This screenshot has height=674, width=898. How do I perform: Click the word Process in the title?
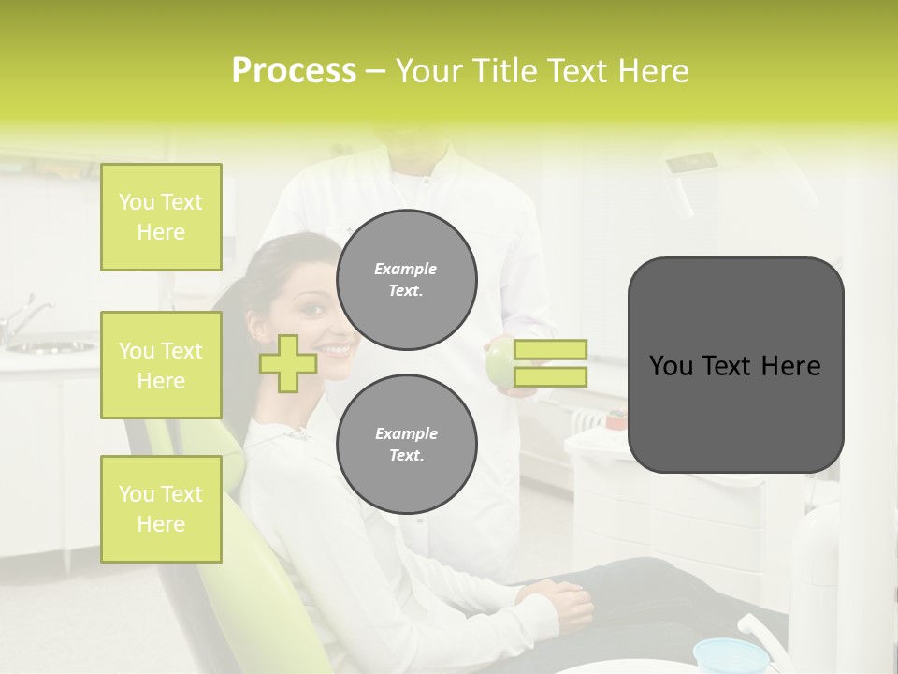click(x=294, y=71)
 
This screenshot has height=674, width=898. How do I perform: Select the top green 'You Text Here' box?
click(x=161, y=217)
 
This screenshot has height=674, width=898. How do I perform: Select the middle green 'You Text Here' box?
click(x=161, y=365)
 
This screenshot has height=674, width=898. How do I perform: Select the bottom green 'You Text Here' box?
click(x=161, y=509)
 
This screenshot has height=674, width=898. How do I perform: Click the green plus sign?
click(x=288, y=363)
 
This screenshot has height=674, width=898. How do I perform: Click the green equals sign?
click(x=550, y=363)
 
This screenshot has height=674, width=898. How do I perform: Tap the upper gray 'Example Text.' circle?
click(x=406, y=280)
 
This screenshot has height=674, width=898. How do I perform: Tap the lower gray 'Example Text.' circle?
click(x=406, y=445)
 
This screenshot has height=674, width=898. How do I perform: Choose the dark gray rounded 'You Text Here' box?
click(x=735, y=365)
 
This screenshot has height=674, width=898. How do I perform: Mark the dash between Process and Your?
click(x=375, y=71)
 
